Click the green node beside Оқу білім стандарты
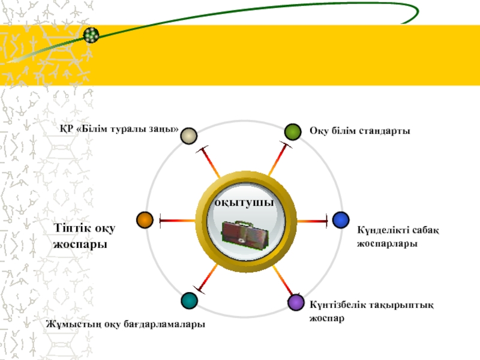[293, 131]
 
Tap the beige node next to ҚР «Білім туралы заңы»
[189, 136]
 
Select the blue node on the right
[341, 220]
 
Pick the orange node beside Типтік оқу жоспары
[145, 220]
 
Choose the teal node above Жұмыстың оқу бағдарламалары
[189, 301]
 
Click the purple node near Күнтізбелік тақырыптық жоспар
[296, 302]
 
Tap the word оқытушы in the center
[245, 203]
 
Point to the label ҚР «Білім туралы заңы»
[119, 129]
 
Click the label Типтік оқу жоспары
[84, 236]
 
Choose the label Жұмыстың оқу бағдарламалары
[125, 324]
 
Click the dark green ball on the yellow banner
[91, 35]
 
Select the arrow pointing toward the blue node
[312, 221]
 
